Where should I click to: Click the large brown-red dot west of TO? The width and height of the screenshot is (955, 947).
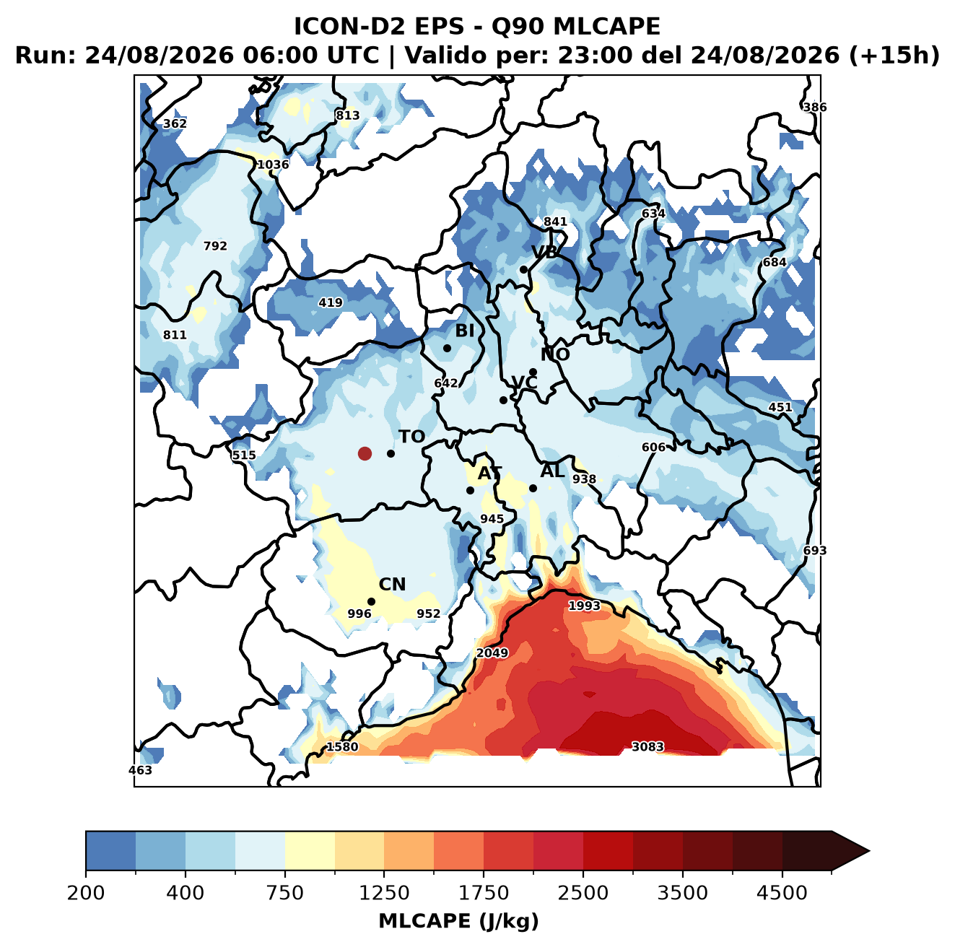[365, 453]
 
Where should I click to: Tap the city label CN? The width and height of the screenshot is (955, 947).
[392, 584]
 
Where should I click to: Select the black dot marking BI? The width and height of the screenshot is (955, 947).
[447, 348]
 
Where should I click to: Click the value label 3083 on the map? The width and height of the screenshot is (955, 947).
[647, 746]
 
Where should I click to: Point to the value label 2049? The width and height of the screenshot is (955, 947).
[492, 653]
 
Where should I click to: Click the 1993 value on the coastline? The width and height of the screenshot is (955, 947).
[584, 606]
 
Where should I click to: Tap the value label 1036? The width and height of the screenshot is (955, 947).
[273, 164]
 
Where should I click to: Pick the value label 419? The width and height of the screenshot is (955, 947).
[330, 302]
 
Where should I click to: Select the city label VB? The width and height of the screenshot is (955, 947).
[544, 252]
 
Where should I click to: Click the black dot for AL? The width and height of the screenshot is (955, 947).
[533, 488]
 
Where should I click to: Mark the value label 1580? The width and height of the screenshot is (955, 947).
[341, 746]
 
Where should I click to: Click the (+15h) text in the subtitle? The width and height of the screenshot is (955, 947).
[894, 56]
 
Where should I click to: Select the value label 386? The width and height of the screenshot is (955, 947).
[815, 107]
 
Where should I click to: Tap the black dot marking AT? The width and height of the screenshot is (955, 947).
[470, 490]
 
